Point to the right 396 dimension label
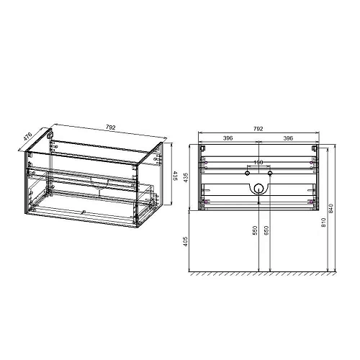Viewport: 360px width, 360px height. pyautogui.click(x=287, y=139)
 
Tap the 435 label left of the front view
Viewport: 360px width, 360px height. pyautogui.click(x=186, y=177)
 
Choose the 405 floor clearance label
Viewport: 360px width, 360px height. pyautogui.click(x=186, y=243)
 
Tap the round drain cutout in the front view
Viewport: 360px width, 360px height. pyautogui.click(x=258, y=189)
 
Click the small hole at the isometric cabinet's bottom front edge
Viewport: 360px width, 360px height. pyautogui.click(x=84, y=212)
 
